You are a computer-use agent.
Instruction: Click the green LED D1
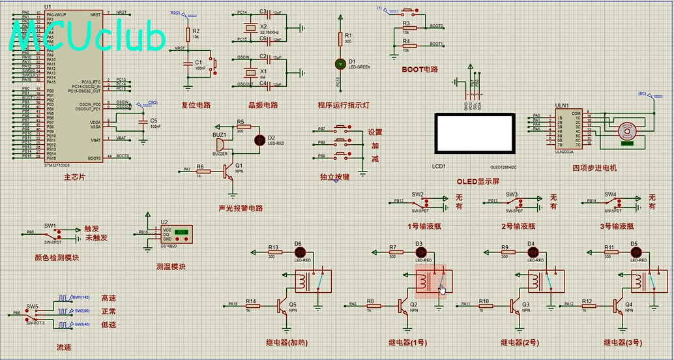pos(339,64)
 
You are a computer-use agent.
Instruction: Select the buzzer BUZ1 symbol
pos(220,142)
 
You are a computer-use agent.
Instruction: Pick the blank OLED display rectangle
pos(474,134)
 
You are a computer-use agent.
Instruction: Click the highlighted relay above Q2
pos(430,281)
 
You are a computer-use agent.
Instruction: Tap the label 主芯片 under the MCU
pos(74,177)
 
